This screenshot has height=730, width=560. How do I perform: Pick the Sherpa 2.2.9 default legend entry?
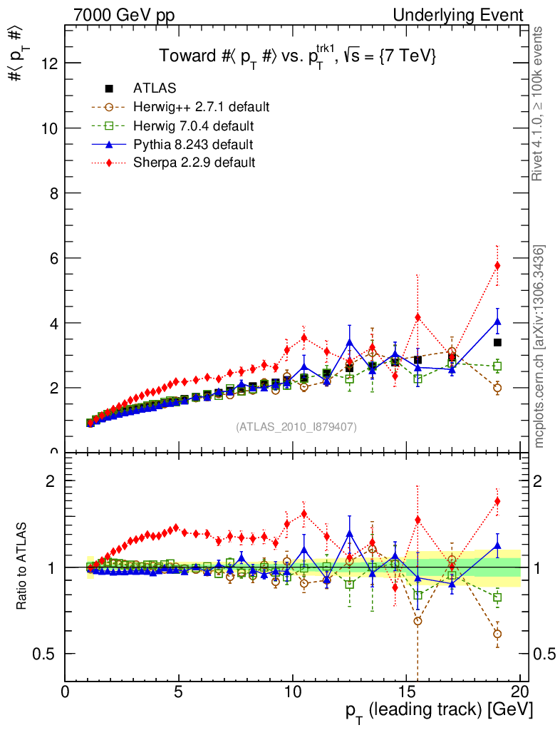tap(194, 163)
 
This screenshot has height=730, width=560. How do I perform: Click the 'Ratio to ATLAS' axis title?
tap(22, 566)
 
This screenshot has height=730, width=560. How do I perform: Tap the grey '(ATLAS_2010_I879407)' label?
tap(296, 427)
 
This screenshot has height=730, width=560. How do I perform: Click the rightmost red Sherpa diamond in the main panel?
tap(497, 265)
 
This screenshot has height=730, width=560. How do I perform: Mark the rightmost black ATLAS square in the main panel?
tap(497, 342)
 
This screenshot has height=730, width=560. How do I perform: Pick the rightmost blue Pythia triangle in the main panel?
tap(497, 321)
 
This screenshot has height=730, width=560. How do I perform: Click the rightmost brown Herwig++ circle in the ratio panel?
tap(497, 634)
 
